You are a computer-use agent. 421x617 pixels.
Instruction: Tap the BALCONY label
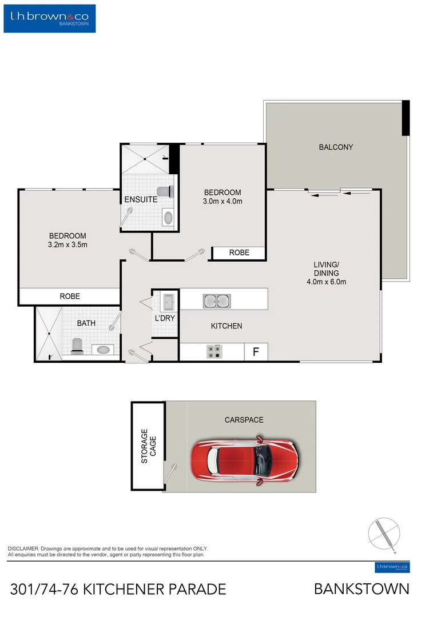pos(336,147)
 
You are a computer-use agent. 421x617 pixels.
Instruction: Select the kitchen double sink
pos(216,301)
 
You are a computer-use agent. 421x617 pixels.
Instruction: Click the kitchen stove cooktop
pos(215,351)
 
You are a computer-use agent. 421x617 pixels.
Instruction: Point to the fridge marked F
pos(256,352)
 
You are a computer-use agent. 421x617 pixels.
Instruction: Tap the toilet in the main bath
pos(77,344)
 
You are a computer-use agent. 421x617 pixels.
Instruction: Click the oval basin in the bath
pos(103,349)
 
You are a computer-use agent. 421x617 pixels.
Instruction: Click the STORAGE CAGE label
pos(148,446)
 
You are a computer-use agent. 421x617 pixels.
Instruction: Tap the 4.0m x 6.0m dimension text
pos(326,281)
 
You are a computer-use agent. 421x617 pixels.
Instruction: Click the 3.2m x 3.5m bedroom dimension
pos(67,245)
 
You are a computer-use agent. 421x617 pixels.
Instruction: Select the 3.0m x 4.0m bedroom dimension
pos(222,201)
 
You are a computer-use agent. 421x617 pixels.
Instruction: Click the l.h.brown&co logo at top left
pos(50,18)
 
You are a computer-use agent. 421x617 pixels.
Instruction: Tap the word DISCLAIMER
pos(23,548)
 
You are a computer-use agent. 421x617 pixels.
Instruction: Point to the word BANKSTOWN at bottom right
pos(362,589)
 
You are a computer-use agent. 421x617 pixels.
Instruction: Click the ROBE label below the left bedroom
pos(70,297)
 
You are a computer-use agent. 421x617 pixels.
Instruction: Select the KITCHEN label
pos(227,326)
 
